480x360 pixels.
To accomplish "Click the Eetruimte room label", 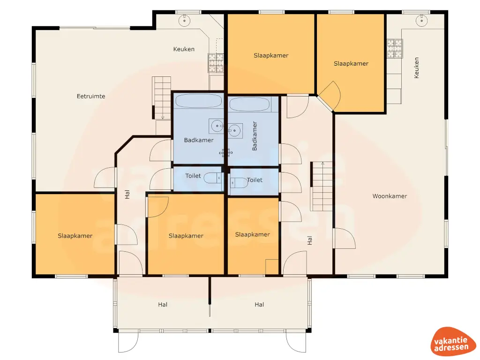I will pyautogui.click(x=91, y=96).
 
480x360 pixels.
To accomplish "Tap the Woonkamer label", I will pyautogui.click(x=390, y=196).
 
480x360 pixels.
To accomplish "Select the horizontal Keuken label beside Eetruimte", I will pyautogui.click(x=184, y=49).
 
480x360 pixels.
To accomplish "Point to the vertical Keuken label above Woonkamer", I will pyautogui.click(x=416, y=67).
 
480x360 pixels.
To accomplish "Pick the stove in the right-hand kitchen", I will pyautogui.click(x=395, y=47).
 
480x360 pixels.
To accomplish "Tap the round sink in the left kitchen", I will pyautogui.click(x=185, y=20).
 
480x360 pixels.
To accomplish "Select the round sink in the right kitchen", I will pyautogui.click(x=422, y=20).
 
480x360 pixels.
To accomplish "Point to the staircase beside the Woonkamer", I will pyautogui.click(x=322, y=186).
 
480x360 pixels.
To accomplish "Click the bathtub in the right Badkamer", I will pyautogui.click(x=249, y=104).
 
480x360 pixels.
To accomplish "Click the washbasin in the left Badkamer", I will pyautogui.click(x=217, y=126).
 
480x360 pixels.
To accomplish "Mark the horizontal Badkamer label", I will pyautogui.click(x=199, y=140).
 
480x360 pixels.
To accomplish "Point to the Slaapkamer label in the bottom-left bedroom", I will pyautogui.click(x=75, y=236).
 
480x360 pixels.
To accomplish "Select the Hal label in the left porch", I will pyautogui.click(x=163, y=304).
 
